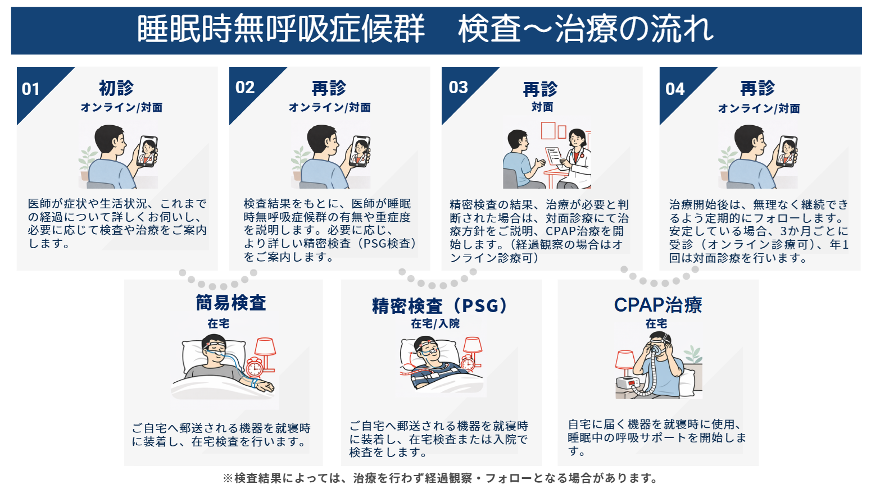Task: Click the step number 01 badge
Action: pos(31,89)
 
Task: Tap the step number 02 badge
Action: pos(245,88)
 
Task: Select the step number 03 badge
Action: pos(458,88)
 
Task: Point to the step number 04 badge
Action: pos(675,89)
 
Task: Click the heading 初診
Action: pos(116,88)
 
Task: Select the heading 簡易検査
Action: pos(230,303)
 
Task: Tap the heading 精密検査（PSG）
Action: pos(441,306)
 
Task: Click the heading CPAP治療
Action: pos(658,305)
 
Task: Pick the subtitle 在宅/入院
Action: pos(435,324)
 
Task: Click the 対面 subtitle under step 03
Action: pos(542,107)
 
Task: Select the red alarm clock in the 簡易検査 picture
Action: pos(254,367)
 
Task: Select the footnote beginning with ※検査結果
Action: pos(440,478)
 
